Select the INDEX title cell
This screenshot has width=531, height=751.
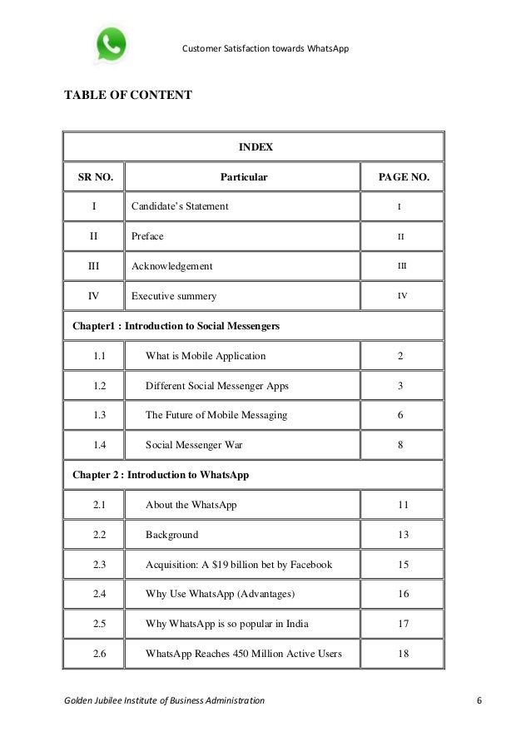click(x=256, y=147)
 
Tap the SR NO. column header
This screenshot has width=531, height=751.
click(x=95, y=177)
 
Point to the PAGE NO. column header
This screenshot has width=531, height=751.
click(x=404, y=177)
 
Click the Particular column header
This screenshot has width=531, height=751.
click(x=243, y=177)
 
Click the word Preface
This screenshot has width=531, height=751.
click(x=147, y=236)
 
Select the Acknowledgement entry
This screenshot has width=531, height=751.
click(x=171, y=266)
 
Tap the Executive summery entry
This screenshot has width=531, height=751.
click(x=174, y=296)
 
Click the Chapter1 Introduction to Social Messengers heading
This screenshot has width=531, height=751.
click(x=176, y=326)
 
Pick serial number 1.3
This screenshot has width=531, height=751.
click(x=100, y=415)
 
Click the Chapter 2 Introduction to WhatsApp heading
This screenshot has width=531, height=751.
click(x=161, y=476)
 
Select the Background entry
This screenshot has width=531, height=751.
click(x=172, y=535)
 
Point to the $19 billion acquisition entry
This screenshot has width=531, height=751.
click(x=239, y=565)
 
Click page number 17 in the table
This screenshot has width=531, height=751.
click(x=404, y=624)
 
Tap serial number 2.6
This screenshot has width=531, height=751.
click(x=100, y=654)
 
